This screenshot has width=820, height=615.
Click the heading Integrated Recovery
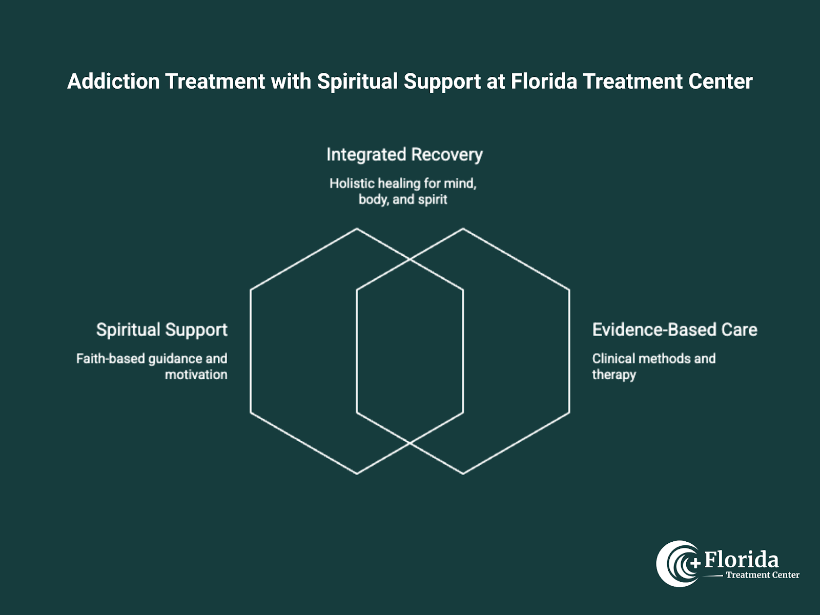404,155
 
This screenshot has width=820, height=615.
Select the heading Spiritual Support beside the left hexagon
161,330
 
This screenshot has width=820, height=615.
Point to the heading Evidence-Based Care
674,330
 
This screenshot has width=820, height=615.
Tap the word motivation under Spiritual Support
196,375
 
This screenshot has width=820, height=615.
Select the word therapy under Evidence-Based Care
614,375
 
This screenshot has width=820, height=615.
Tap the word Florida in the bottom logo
741,560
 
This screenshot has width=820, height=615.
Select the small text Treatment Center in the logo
762,575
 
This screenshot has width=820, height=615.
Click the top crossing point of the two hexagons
410,260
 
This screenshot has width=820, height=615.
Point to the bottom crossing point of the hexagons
410,442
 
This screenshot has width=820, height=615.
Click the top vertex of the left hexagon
357,229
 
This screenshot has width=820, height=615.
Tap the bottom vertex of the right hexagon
463,474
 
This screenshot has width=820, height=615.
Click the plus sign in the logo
695,563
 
